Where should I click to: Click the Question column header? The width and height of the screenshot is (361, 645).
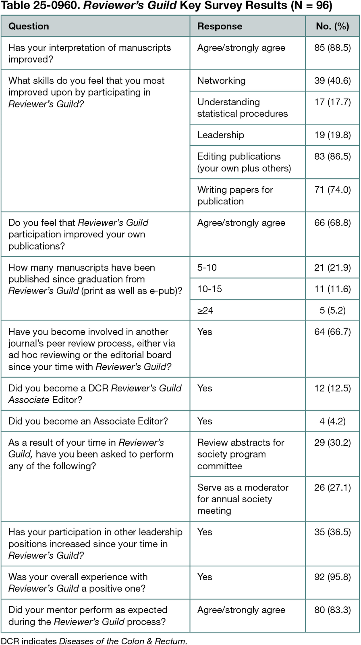tap(29, 26)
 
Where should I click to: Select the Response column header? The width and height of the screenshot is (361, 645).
tap(220, 26)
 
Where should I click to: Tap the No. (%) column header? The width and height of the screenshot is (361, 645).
tap(332, 26)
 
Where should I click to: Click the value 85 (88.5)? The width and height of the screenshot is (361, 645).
tap(332, 48)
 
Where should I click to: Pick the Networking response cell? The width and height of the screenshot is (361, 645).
tap(221, 81)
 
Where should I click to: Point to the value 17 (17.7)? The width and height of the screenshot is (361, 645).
tap(332, 102)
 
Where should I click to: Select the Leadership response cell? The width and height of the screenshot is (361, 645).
tap(220, 135)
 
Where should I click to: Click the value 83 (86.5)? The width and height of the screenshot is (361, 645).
tap(332, 156)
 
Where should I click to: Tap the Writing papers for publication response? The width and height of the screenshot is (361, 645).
tap(235, 196)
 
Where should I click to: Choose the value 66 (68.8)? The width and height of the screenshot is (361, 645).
tap(332, 223)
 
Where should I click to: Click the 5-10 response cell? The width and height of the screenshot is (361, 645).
tap(207, 268)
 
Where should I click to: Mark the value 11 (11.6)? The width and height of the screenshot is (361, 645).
tap(332, 289)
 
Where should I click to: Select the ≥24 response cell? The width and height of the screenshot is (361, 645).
tap(205, 310)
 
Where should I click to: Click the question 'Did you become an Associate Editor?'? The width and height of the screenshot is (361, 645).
tap(88, 421)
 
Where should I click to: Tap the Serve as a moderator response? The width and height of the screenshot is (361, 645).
tap(243, 499)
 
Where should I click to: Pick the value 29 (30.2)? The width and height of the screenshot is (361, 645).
tap(332, 443)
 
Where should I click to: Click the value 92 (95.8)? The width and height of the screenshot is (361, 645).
tap(332, 577)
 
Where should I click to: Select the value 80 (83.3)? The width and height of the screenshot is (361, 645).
tap(332, 610)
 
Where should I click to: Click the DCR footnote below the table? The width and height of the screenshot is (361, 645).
tap(94, 641)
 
